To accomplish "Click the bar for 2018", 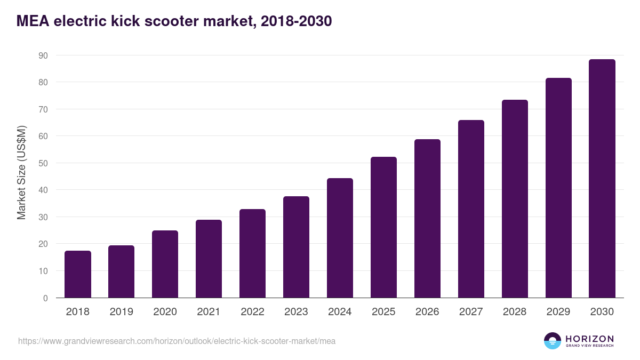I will pyautogui.click(x=78, y=274).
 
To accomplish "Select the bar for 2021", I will pyautogui.click(x=209, y=259).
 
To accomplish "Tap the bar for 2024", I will pyautogui.click(x=340, y=238).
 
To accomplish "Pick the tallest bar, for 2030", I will pyautogui.click(x=602, y=179).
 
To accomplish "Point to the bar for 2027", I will pyautogui.click(x=471, y=209).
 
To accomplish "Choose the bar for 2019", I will pyautogui.click(x=122, y=271).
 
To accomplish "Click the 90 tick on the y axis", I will pyautogui.click(x=43, y=55).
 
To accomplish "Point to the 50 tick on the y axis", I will pyautogui.click(x=43, y=163).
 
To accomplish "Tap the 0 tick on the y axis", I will pyautogui.click(x=45, y=298).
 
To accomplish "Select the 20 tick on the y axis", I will pyautogui.click(x=43, y=244).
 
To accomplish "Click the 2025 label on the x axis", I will pyautogui.click(x=383, y=312).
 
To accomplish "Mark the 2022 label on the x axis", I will pyautogui.click(x=252, y=312).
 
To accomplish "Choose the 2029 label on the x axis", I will pyautogui.click(x=558, y=312).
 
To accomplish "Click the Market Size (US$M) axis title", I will pyautogui.click(x=21, y=172).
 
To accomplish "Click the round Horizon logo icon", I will pyautogui.click(x=553, y=341).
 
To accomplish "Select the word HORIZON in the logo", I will pyautogui.click(x=589, y=339).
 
